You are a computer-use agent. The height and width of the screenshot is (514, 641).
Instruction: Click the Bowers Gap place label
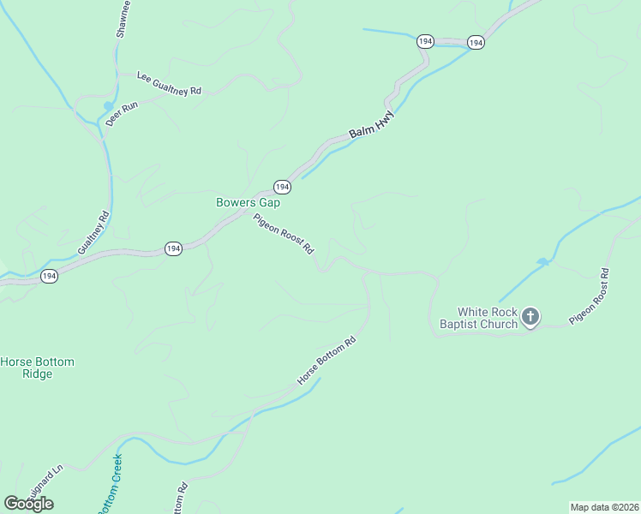(248, 203)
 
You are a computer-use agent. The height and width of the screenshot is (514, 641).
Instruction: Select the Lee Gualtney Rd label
(169, 83)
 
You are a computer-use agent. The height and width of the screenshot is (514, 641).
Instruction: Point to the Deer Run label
(122, 114)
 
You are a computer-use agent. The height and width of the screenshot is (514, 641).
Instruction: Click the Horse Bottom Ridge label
(37, 368)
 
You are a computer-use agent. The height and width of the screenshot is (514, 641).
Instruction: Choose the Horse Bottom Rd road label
(326, 361)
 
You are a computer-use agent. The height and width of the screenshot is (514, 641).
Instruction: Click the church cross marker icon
(530, 318)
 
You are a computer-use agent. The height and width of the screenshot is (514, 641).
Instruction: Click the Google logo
(28, 504)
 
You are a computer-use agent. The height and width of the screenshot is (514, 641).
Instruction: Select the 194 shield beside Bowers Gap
(282, 187)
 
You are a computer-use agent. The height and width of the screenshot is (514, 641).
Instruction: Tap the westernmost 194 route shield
(49, 277)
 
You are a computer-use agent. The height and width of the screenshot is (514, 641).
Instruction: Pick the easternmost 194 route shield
(476, 42)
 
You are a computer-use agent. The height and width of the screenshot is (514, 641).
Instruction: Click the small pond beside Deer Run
(108, 105)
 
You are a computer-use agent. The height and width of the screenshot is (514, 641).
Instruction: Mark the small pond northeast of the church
(542, 261)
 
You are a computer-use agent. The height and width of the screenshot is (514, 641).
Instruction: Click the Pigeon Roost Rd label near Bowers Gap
(284, 234)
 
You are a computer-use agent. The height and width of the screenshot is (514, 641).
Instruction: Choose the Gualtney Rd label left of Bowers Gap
(93, 233)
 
